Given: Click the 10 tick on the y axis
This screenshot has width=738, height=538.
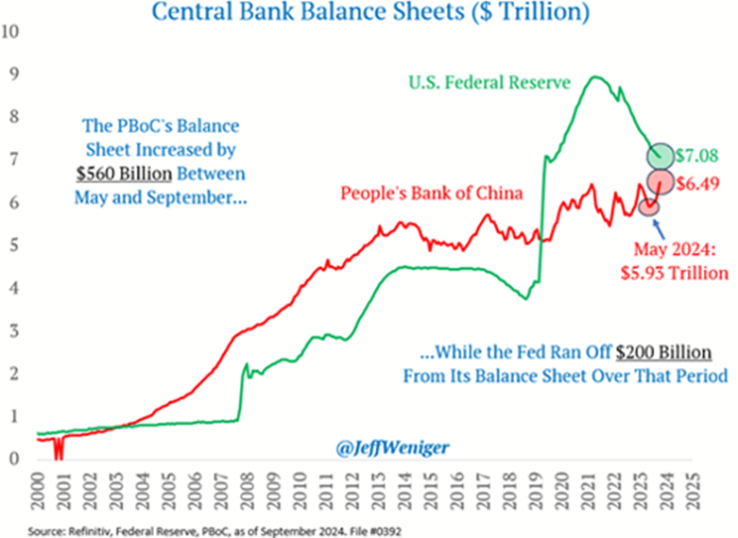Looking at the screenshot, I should tap(11, 29).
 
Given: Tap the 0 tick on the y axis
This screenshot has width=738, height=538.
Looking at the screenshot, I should tap(11, 460).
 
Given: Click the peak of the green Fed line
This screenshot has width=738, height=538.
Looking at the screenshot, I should tap(595, 77).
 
